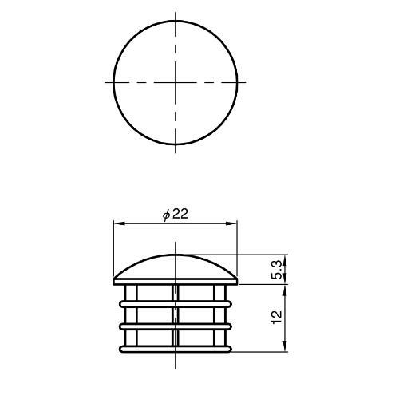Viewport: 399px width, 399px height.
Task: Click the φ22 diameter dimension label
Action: pos(176,214)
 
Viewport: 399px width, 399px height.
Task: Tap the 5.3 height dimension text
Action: pos(277,270)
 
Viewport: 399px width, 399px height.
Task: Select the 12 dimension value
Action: pos(277,317)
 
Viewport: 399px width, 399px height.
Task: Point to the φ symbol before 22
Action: pos(166,215)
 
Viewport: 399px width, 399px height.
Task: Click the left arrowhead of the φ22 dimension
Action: pos(119,223)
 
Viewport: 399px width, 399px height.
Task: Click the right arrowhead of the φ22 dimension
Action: pos(231,223)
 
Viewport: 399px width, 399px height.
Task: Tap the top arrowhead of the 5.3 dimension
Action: pos(286,260)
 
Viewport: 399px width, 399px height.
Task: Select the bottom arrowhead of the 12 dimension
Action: pos(286,346)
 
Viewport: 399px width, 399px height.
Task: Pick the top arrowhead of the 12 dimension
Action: pos(286,290)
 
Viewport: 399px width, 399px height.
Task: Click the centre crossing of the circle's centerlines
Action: pos(176,82)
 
